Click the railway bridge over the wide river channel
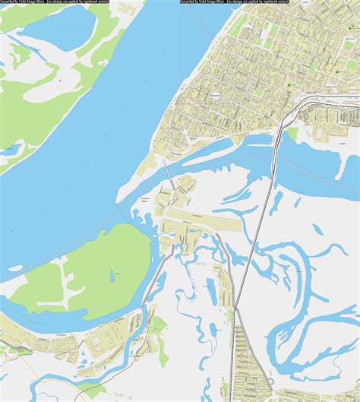[274, 156]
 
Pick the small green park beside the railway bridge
[292, 134]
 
